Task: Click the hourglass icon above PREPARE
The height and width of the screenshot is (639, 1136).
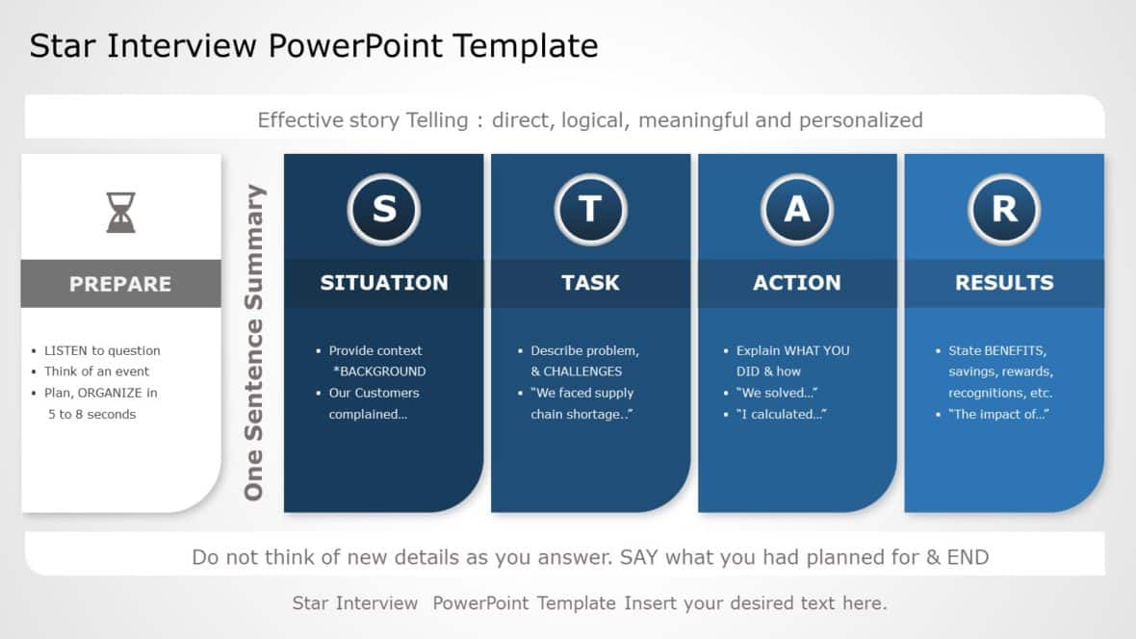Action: pos(120,212)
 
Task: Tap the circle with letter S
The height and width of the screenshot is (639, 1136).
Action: pos(384,209)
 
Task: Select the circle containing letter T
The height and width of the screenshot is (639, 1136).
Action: pos(590,209)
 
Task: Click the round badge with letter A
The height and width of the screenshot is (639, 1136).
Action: pos(797,209)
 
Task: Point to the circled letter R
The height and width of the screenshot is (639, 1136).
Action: pos(1004,209)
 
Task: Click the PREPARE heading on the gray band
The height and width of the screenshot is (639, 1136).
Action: pos(120,284)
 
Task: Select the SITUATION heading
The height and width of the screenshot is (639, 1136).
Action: pos(384,283)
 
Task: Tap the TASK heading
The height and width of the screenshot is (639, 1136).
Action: pos(590,283)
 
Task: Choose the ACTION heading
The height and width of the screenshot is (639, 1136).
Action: pos(797,283)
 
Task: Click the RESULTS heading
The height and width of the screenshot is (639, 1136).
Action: pos(1004,283)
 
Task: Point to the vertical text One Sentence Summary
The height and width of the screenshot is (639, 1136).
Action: pos(254,342)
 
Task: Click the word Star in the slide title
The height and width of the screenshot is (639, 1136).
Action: pos(63,45)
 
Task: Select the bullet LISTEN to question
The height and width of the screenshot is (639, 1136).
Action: pos(102,350)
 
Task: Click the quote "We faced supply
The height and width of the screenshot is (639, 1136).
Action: pos(581,393)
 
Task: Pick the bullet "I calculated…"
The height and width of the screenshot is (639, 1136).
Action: pos(782,414)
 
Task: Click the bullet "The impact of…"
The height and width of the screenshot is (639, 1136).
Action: pos(998,414)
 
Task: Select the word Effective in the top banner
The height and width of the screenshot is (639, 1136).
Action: pos(300,120)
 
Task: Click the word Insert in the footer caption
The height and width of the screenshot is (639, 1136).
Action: pos(652,603)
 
